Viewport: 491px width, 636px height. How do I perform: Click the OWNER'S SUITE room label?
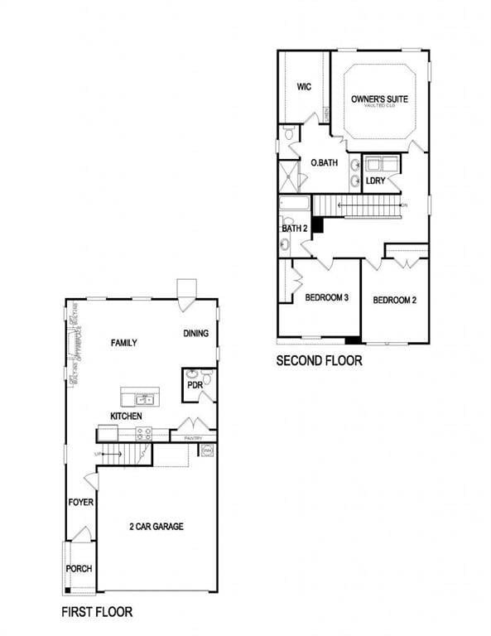pyautogui.click(x=379, y=99)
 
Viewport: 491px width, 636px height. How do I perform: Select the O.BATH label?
pyautogui.click(x=324, y=163)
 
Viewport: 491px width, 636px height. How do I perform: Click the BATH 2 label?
pyautogui.click(x=294, y=228)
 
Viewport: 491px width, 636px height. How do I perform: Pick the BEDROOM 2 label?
pyautogui.click(x=394, y=300)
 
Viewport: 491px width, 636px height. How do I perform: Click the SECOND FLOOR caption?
pyautogui.click(x=319, y=361)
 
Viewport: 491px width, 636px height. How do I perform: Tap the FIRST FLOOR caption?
pyautogui.click(x=97, y=612)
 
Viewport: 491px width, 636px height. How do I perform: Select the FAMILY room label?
pyautogui.click(x=123, y=343)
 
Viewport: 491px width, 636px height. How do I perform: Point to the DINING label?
pyautogui.click(x=195, y=334)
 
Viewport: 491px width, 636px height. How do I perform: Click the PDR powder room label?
pyautogui.click(x=195, y=384)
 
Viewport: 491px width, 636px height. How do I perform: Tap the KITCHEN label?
pyautogui.click(x=126, y=416)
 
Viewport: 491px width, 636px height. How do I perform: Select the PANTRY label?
pyautogui.click(x=194, y=437)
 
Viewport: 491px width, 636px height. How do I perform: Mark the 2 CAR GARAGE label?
pyautogui.click(x=156, y=527)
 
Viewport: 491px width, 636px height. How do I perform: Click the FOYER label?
pyautogui.click(x=81, y=503)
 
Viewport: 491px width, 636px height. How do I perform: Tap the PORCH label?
pyautogui.click(x=79, y=569)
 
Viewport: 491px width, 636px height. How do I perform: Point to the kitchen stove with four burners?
pyautogui.click(x=144, y=433)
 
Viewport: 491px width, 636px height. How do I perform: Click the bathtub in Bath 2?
pyautogui.click(x=294, y=204)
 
